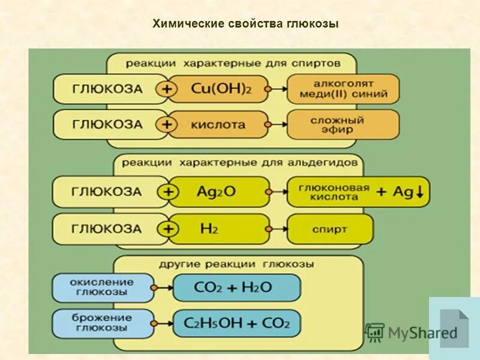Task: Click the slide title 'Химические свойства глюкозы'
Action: (246, 24)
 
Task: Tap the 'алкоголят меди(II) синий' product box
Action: (343, 89)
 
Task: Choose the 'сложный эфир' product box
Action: (343, 125)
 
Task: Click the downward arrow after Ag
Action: (419, 192)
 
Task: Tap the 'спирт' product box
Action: (330, 229)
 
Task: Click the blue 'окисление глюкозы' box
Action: (103, 287)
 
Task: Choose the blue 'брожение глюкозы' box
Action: (103, 323)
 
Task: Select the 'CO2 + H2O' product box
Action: (236, 287)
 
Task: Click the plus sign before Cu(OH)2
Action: (167, 89)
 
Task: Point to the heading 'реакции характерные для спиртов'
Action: (233, 62)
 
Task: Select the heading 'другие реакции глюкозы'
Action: (236, 264)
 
